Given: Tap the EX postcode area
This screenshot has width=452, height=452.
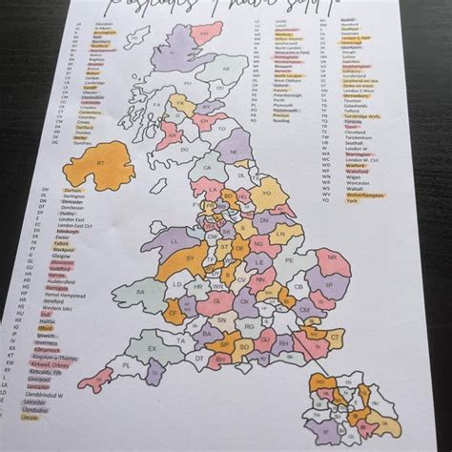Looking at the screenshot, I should pos(152,351).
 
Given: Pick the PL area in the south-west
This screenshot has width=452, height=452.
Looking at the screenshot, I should pos(124,365).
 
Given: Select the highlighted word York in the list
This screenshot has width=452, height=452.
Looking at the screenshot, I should pos(352,201).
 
